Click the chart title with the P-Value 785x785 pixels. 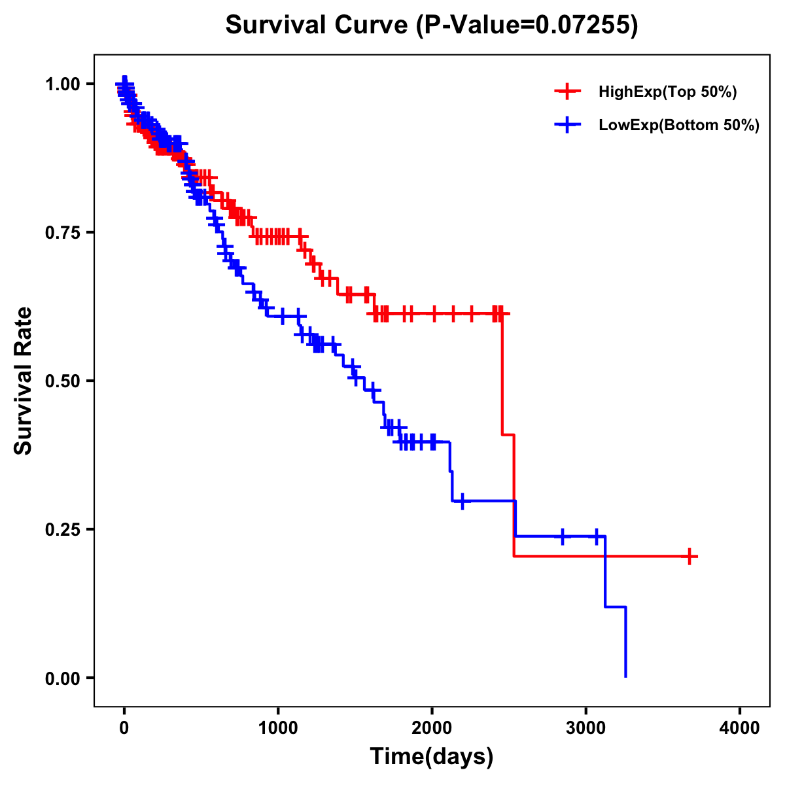point(432,26)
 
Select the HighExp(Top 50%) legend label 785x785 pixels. point(668,92)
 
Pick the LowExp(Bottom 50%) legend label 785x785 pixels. point(679,126)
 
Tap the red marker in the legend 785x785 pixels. point(568,92)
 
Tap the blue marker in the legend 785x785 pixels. point(568,126)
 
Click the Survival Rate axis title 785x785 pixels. point(24,381)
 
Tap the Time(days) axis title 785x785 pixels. point(432,757)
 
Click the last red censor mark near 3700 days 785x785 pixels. point(689,557)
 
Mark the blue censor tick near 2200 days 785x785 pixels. point(462,501)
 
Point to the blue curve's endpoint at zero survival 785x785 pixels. point(626,676)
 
